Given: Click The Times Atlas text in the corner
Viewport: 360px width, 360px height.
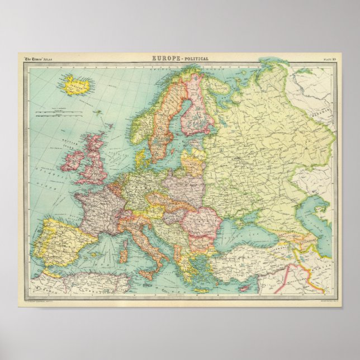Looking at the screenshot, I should [39, 59].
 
